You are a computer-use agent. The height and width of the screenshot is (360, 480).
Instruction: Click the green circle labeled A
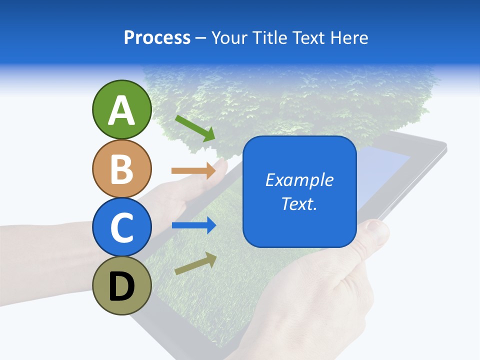tap(121, 109)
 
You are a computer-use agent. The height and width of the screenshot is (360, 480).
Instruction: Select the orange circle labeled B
tap(121, 168)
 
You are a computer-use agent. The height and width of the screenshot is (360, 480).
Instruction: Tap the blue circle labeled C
tap(121, 227)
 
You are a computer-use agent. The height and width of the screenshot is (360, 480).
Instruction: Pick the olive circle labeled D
tap(121, 285)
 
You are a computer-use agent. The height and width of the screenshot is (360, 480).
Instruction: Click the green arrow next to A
tap(195, 128)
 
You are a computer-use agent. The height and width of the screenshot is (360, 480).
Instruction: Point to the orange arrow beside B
tap(193, 171)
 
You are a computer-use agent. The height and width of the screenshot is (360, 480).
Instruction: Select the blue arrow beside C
tap(193, 225)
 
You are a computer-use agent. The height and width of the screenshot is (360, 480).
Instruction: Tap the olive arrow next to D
tap(195, 263)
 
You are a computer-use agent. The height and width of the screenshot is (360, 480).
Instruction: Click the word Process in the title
tap(157, 38)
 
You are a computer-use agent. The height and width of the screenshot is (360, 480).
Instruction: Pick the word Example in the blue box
tap(299, 180)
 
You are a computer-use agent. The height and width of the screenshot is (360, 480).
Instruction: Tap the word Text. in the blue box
tap(299, 203)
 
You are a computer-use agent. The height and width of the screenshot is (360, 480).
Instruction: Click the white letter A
tap(121, 111)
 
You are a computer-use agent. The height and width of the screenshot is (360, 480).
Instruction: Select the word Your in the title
tap(228, 38)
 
